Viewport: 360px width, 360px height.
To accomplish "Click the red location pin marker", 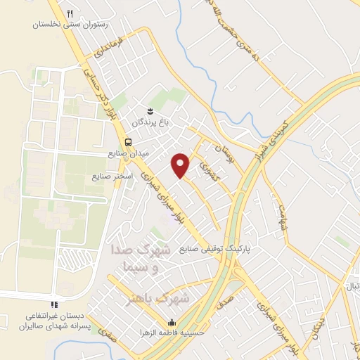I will click(x=181, y=164).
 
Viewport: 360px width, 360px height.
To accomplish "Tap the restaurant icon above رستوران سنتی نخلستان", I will click(x=70, y=13).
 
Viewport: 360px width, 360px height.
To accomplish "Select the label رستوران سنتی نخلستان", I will click(x=70, y=24).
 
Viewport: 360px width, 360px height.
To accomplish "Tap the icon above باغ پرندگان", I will click(x=149, y=111).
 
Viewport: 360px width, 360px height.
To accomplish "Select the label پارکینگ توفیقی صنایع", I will click(x=214, y=249).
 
